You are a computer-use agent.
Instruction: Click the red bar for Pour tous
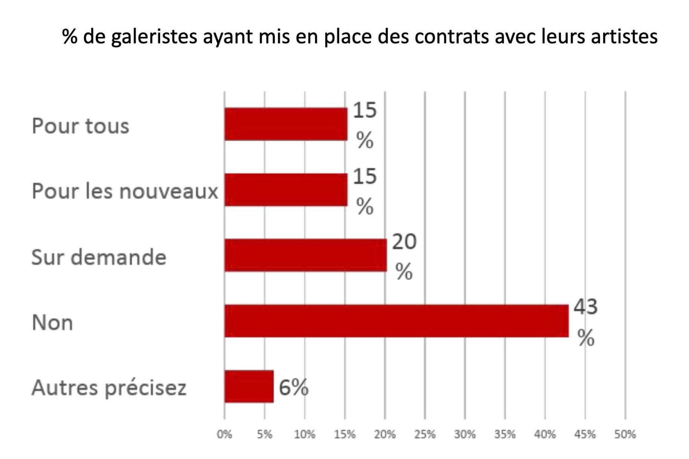(286, 124)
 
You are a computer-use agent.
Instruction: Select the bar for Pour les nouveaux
(286, 190)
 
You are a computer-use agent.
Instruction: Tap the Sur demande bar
(305, 255)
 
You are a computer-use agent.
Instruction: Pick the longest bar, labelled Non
(396, 321)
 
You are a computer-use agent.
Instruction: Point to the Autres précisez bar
(249, 386)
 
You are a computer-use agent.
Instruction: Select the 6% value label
(293, 387)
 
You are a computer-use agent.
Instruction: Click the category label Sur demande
(99, 257)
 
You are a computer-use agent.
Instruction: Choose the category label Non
(52, 323)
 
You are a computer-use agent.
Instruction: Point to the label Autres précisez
(109, 388)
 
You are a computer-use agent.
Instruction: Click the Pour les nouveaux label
(125, 191)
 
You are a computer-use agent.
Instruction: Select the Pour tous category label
(80, 126)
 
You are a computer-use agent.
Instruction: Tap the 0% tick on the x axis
(224, 434)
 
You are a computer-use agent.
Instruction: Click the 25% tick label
(425, 434)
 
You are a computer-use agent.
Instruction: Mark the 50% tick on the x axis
(625, 434)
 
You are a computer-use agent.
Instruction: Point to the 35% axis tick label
(505, 434)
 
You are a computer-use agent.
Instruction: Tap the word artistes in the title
(627, 36)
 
